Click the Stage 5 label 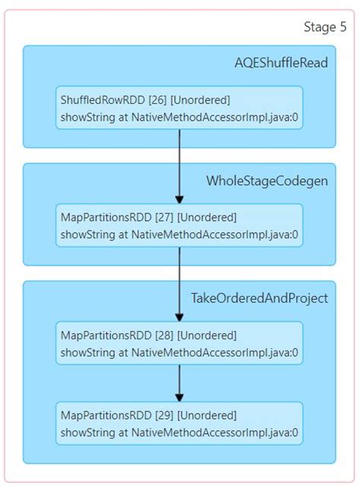coord(325,27)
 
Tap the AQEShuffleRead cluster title coord(281,62)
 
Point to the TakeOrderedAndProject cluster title coord(259,298)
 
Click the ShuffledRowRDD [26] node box coord(179,108)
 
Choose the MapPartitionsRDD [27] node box coord(179,225)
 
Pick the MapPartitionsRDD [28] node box coord(179,343)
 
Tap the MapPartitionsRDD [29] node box coord(179,423)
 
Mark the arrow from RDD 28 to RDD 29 coord(179,383)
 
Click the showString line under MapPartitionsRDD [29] coord(179,433)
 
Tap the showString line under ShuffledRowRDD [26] coord(179,118)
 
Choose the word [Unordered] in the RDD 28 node coord(207,335)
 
